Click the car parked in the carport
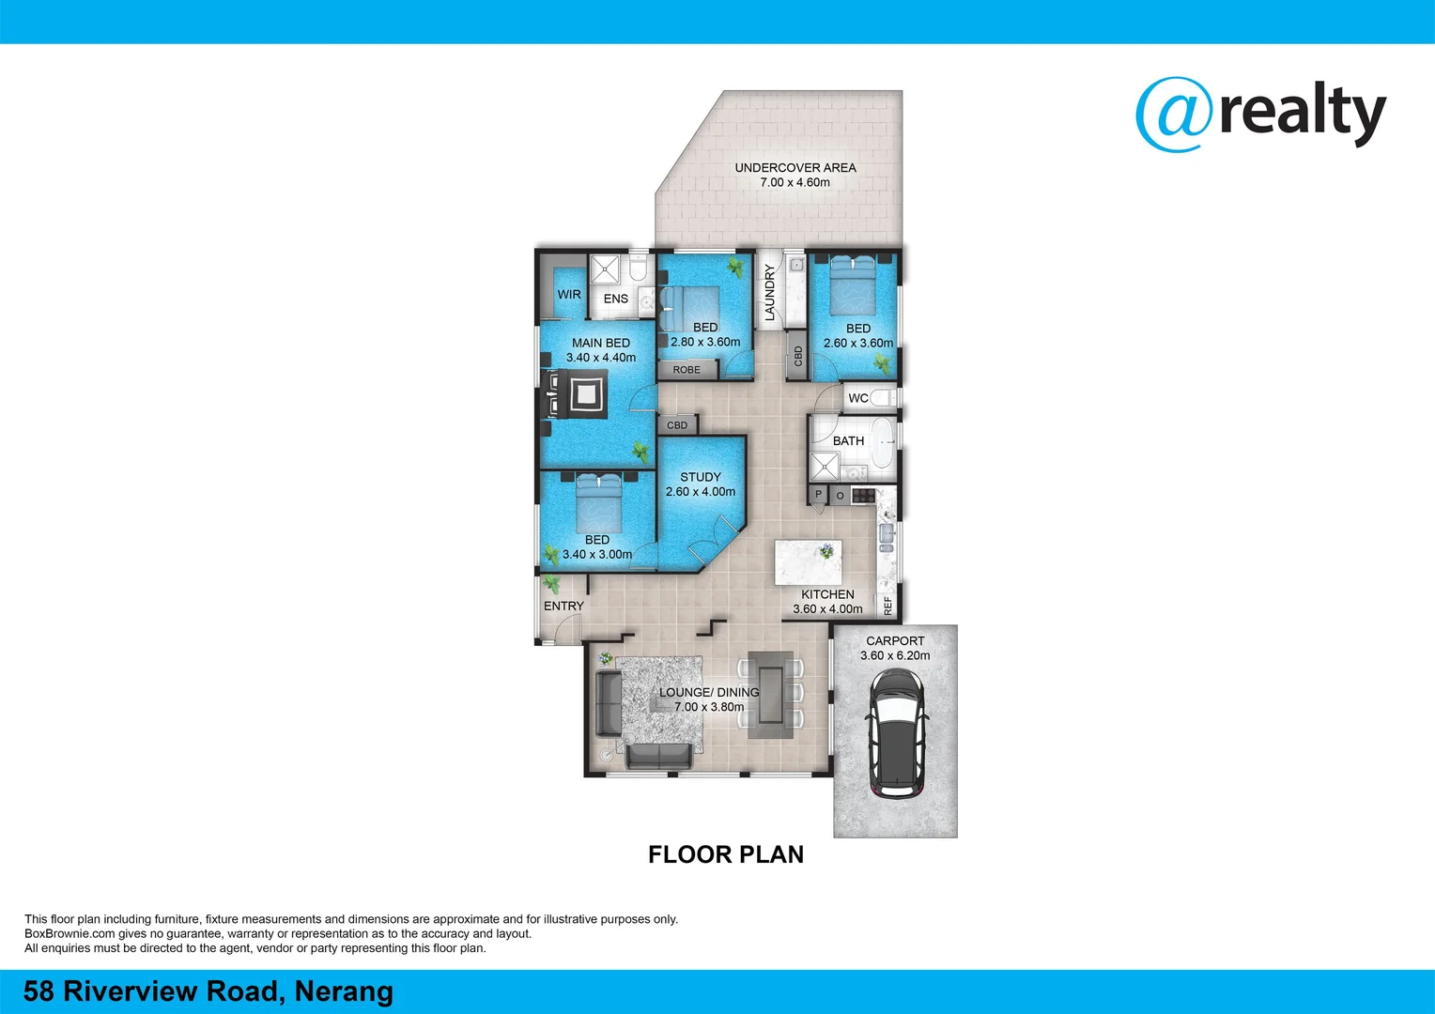tap(897, 732)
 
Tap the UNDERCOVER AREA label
tap(795, 168)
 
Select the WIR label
tap(569, 295)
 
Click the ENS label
tap(616, 300)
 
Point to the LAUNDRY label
tap(770, 292)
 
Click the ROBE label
tap(687, 370)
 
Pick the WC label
tap(858, 398)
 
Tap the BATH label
tap(848, 441)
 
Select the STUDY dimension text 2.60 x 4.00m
tap(701, 492)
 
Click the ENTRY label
tap(563, 607)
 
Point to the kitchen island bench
tap(808, 561)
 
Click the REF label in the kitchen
tap(887, 607)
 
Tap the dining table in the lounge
tap(771, 694)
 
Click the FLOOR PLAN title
tap(726, 854)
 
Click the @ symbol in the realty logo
tap(1174, 115)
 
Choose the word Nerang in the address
tap(344, 991)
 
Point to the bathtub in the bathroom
tap(883, 444)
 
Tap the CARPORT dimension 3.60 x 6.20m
tap(895, 656)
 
